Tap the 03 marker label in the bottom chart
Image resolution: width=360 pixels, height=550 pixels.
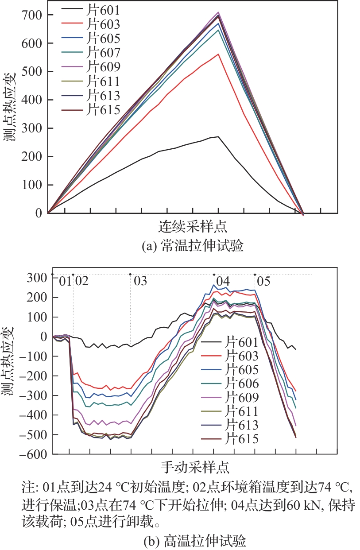coord(140,281)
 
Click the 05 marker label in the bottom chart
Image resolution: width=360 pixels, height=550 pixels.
coord(264,281)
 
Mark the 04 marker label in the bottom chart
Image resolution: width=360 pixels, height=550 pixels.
coord(223,281)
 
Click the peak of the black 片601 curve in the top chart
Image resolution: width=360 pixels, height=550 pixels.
coord(218,136)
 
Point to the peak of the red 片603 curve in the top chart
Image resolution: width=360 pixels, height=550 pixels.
coord(218,54)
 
